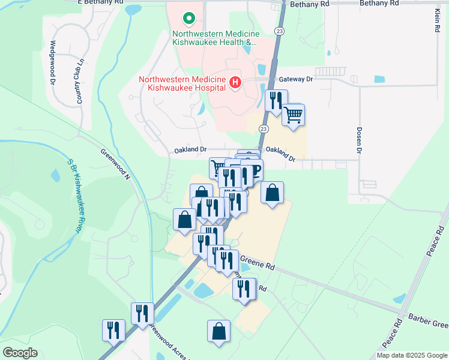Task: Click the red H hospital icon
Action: click(x=235, y=82)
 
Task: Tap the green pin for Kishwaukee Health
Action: click(x=188, y=19)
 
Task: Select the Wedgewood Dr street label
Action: click(x=53, y=62)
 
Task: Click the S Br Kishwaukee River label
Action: click(x=74, y=196)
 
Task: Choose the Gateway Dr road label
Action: click(x=297, y=79)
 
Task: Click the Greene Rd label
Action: click(x=257, y=262)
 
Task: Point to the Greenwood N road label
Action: click(x=115, y=164)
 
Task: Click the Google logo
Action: click(x=19, y=353)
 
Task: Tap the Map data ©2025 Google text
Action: click(x=412, y=355)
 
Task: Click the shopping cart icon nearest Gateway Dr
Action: click(x=293, y=114)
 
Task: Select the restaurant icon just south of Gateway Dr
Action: click(x=276, y=100)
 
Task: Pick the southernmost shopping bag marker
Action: click(x=219, y=331)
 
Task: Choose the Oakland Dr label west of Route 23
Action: click(x=190, y=149)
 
